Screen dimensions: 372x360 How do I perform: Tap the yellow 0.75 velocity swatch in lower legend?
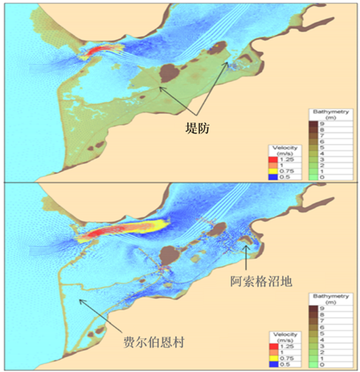click(275, 352)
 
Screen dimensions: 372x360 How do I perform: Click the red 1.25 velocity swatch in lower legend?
click(275, 341)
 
